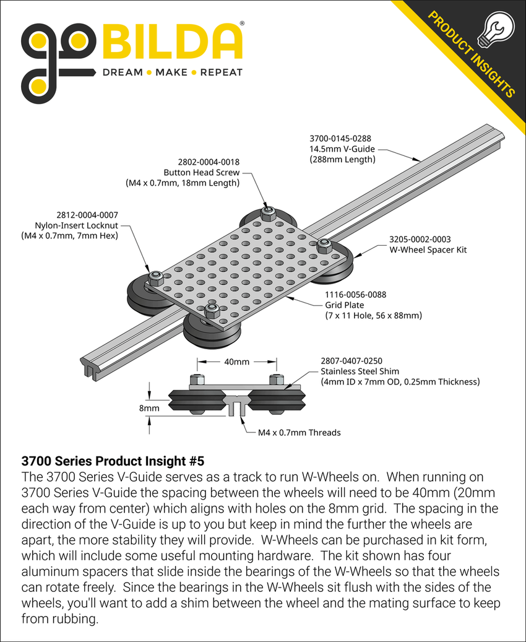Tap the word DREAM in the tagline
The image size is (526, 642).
click(122, 72)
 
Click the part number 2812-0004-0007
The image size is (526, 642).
click(87, 214)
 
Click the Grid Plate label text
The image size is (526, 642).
click(345, 305)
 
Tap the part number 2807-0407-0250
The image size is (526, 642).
click(351, 360)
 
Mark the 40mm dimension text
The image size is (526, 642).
click(237, 362)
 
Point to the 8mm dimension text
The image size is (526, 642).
click(148, 408)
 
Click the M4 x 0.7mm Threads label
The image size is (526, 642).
click(299, 432)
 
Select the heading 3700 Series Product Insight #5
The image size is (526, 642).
click(112, 461)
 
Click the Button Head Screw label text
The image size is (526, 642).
click(201, 173)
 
